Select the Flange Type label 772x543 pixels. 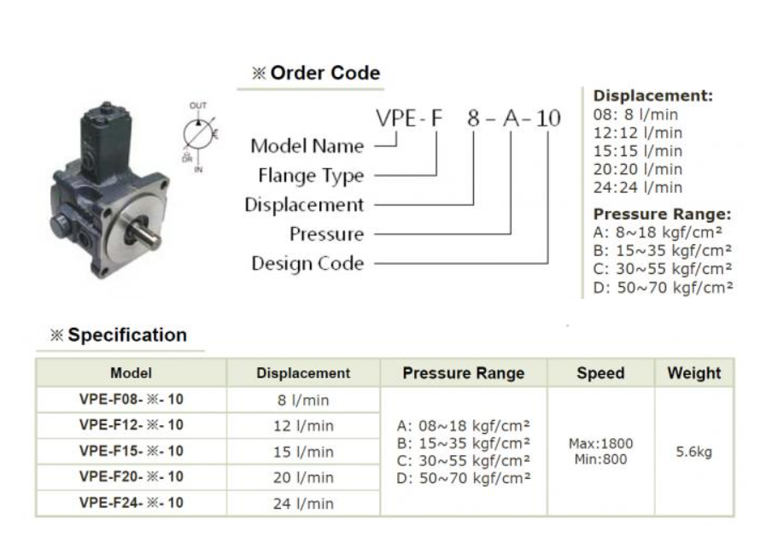(311, 176)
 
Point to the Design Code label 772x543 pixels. (307, 263)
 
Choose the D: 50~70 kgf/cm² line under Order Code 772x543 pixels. (663, 287)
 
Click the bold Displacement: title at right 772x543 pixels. (653, 96)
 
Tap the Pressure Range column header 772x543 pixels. (463, 373)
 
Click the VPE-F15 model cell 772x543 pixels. (131, 451)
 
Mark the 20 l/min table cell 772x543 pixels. (303, 477)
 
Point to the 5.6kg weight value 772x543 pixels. (693, 452)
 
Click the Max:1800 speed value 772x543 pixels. (599, 444)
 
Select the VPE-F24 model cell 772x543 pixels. (131, 503)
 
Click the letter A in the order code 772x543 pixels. (511, 119)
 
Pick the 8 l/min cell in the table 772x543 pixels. (303, 400)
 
